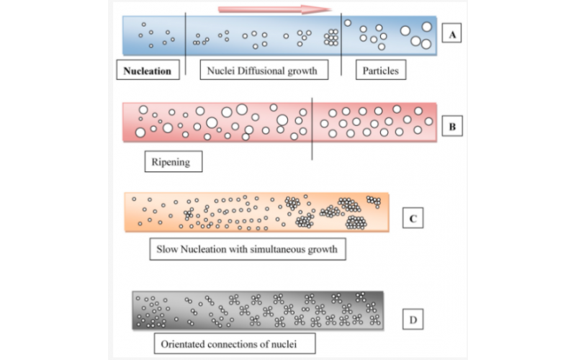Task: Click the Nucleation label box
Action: pos(148,71)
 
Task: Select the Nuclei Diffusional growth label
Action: pos(262,71)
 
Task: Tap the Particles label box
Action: pos(382,71)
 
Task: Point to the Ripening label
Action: pos(172,162)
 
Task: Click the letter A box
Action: pos(452,34)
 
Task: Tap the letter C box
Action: pos(412,217)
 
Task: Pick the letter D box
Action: pos(411,316)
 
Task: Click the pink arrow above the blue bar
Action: pos(274,9)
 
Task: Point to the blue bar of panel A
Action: pos(280,35)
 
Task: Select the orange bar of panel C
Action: pos(256,211)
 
